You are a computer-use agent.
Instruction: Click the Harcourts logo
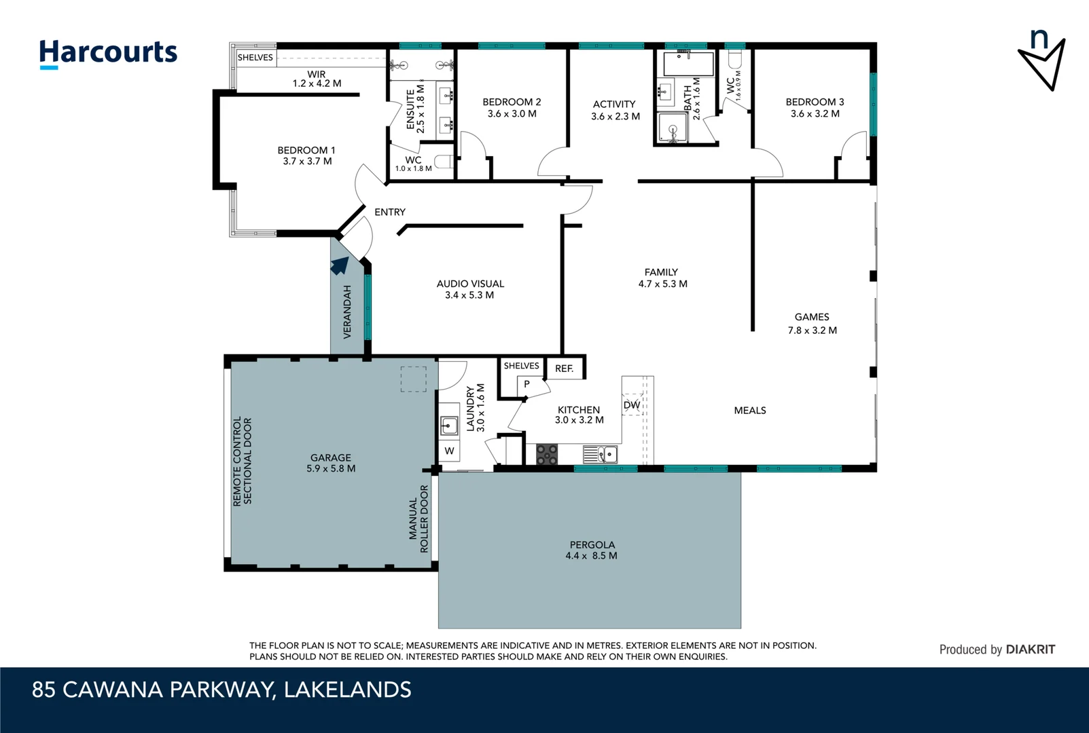pos(108,53)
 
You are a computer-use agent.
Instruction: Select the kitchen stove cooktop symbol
pos(547,454)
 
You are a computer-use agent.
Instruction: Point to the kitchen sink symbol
pos(601,454)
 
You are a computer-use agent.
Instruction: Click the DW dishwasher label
pos(632,405)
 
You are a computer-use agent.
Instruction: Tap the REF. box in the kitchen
pos(565,369)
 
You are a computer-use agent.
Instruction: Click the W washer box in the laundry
pos(449,451)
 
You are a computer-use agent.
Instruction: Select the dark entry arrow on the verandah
pos(340,265)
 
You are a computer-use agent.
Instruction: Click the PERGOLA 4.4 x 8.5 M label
pos(592,550)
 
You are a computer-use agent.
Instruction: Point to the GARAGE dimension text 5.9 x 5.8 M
pos(331,468)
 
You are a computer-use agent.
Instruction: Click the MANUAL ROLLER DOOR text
pos(418,519)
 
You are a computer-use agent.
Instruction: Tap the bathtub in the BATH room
pos(688,64)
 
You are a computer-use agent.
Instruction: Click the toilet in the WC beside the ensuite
pos(444,162)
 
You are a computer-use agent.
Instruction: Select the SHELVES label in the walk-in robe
pos(255,58)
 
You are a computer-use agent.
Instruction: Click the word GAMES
pos(812,317)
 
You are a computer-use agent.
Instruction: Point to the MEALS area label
pos(750,411)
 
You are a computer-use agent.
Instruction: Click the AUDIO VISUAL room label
pos(470,284)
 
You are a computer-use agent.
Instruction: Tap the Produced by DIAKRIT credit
pos(997,650)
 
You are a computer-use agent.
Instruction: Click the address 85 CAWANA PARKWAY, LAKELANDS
pos(221,690)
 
